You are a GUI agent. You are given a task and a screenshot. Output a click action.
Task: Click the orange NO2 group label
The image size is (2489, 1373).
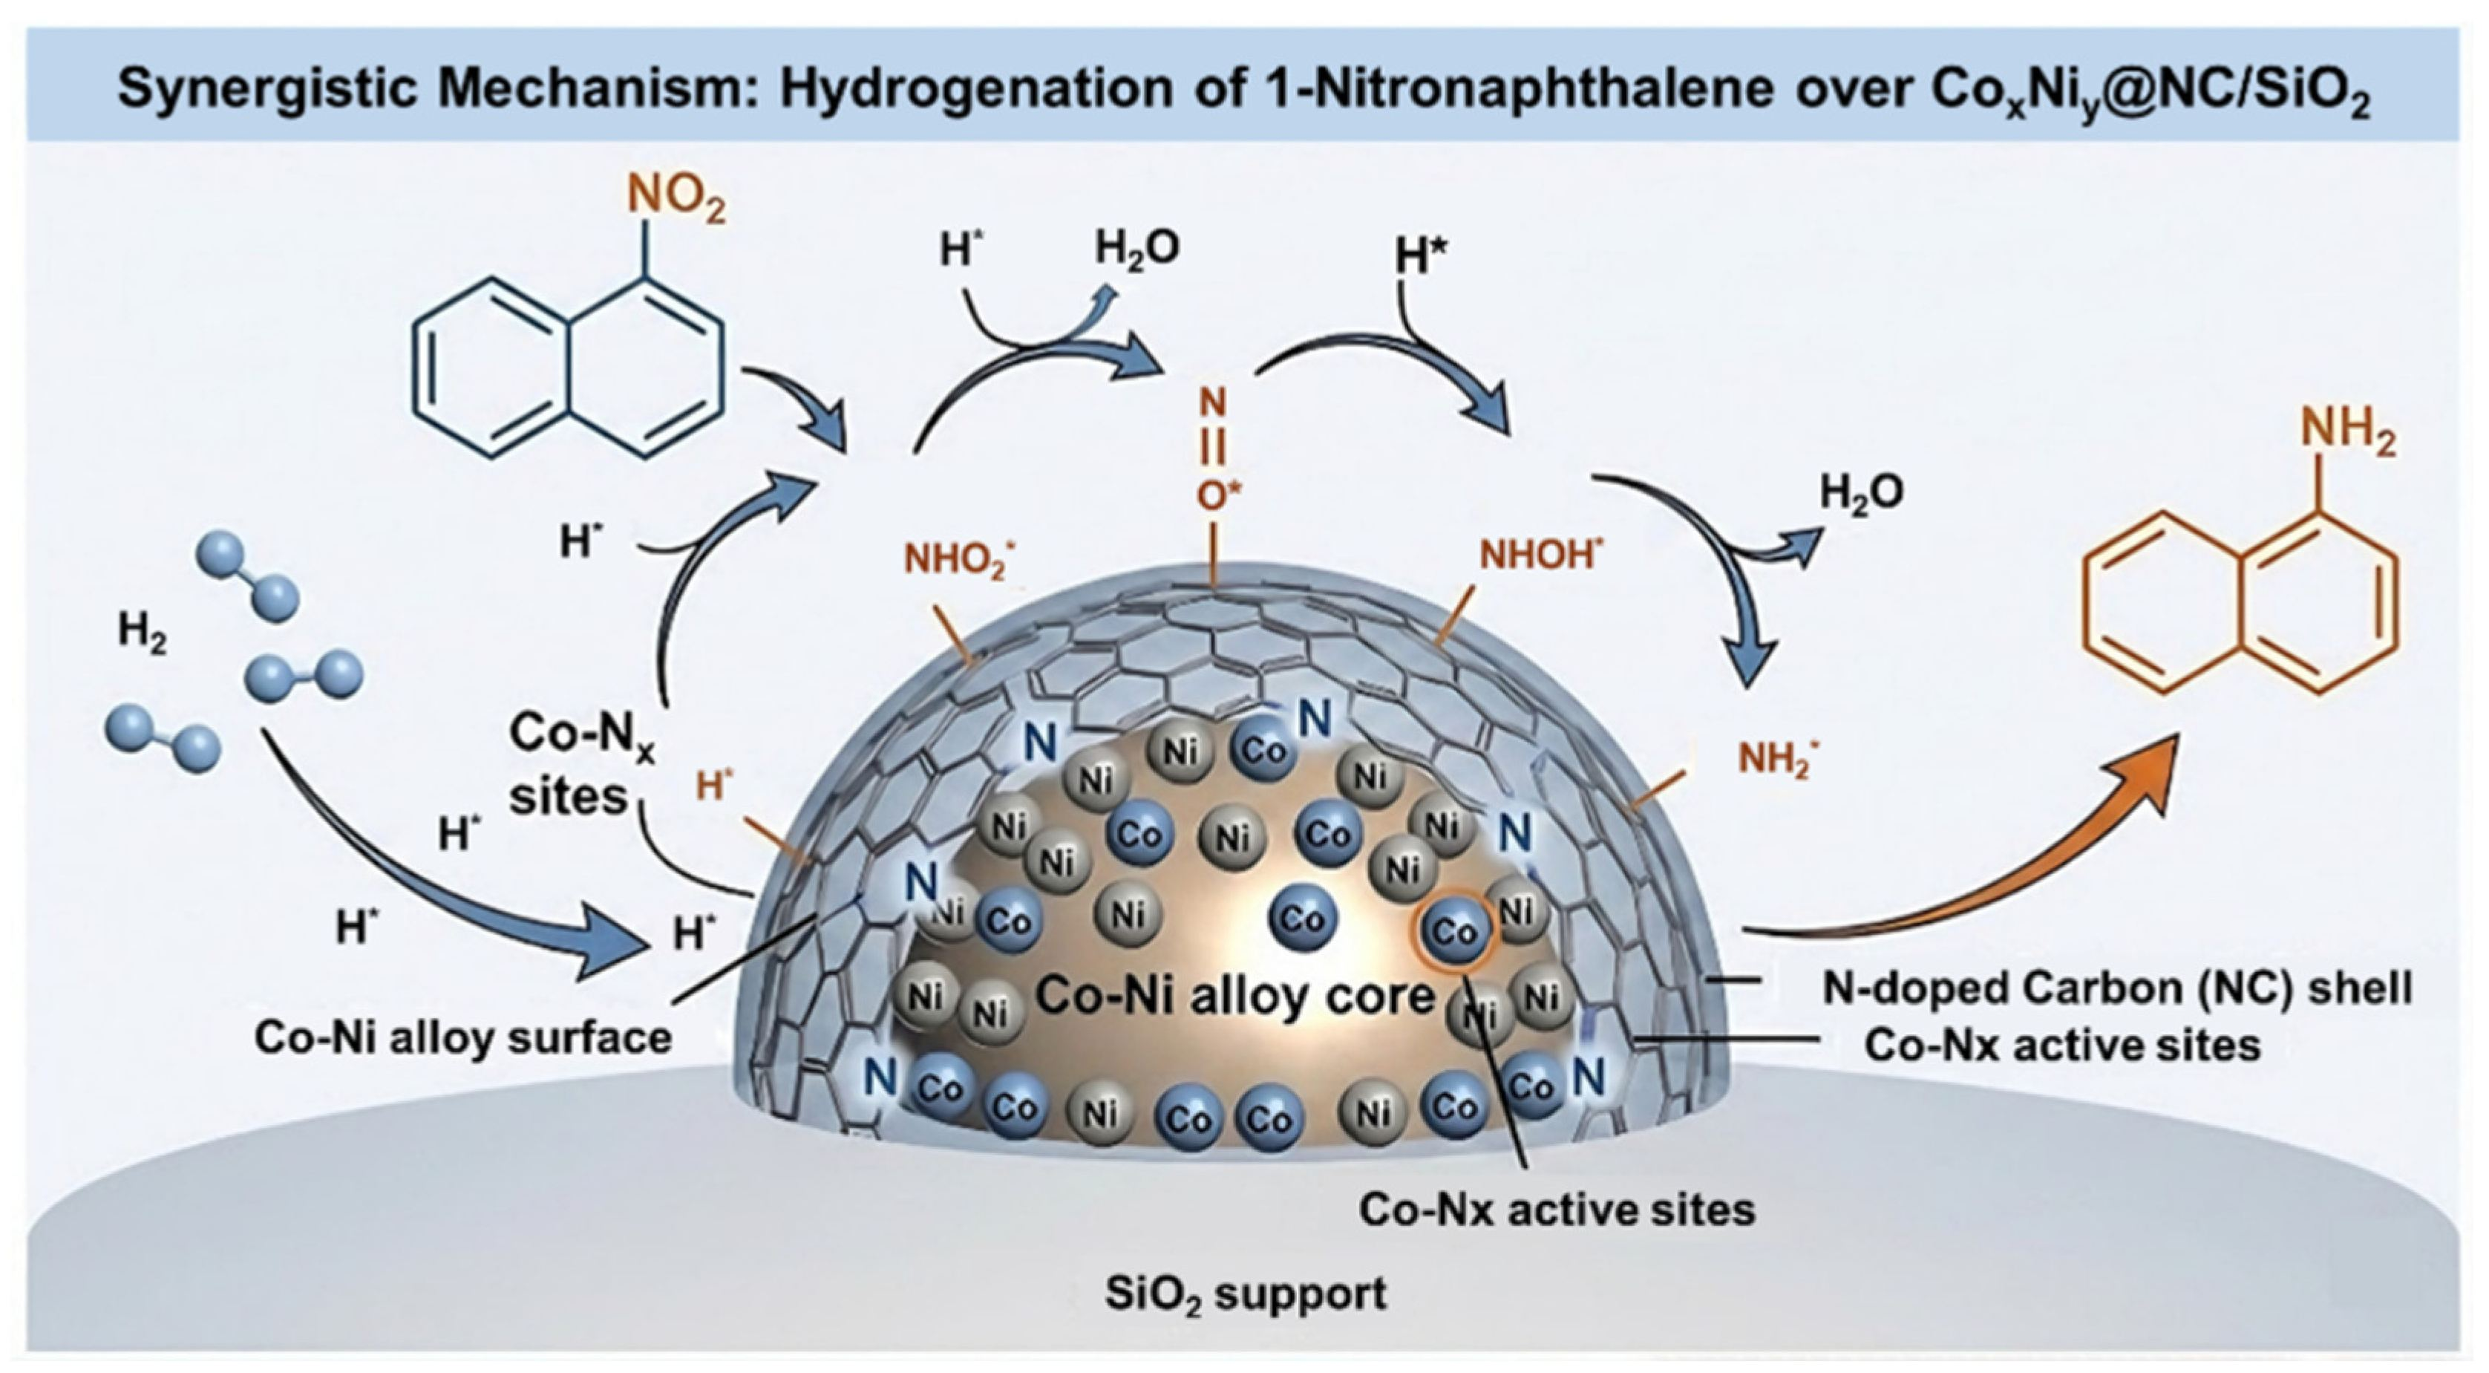pos(676,200)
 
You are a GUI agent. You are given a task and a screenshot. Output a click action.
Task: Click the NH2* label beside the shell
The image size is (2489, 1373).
pos(1779,760)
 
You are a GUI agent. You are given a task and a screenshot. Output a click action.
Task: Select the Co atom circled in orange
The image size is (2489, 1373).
pos(1454,930)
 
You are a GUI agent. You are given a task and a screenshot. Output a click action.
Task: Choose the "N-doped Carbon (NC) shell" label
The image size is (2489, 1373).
pos(2117,988)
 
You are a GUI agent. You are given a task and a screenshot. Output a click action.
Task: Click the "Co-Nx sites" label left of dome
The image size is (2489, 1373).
pos(569,763)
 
